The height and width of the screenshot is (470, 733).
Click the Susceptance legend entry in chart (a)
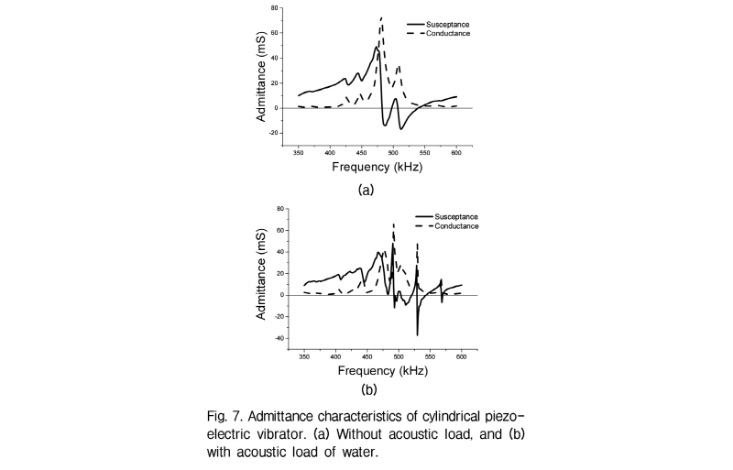(x=438, y=25)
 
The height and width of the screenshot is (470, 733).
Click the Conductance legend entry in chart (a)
(x=439, y=34)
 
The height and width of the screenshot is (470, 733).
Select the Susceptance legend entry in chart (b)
(x=446, y=216)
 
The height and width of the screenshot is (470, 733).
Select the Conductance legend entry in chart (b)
(x=447, y=226)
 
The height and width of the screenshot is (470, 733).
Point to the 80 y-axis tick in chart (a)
(x=274, y=8)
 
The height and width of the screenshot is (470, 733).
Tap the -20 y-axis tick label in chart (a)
(x=273, y=133)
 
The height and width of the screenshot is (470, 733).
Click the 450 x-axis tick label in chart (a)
(x=361, y=153)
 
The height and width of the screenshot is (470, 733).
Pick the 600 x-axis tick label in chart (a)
(x=456, y=153)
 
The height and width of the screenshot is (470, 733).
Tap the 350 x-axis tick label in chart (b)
(x=304, y=356)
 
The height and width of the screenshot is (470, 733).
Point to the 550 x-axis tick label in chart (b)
(x=430, y=356)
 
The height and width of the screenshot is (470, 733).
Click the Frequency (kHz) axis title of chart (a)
(x=377, y=167)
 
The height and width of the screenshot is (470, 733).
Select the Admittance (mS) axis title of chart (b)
(x=261, y=275)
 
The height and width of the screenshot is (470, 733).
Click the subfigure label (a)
(x=366, y=190)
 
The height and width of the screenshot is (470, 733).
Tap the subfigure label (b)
(x=369, y=389)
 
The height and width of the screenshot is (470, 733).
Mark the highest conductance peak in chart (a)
(x=381, y=17)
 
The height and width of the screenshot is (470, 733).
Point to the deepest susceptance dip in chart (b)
(x=418, y=334)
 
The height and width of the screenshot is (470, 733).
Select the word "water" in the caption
(x=360, y=453)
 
